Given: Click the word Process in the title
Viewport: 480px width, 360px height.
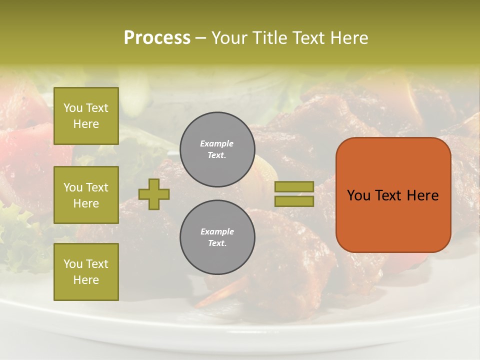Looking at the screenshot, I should click(157, 38).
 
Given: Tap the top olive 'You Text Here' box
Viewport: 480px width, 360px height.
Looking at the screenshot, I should click(86, 116).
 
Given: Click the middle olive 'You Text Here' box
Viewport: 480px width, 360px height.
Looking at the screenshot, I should click(86, 195).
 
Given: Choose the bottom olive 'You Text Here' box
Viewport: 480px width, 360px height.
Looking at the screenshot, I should click(86, 272).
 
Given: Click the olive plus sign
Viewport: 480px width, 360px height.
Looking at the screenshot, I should click(154, 194).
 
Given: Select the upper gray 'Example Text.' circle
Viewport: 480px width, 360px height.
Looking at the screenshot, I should click(217, 149).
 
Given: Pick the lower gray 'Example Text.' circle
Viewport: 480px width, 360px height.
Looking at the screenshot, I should click(217, 237).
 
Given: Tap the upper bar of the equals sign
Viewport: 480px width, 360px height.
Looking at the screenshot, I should click(294, 186).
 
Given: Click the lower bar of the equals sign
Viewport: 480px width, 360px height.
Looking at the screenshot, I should click(294, 201).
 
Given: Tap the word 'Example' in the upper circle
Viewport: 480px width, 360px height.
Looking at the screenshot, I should click(217, 143).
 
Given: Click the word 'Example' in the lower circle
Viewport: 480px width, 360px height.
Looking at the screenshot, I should click(217, 231).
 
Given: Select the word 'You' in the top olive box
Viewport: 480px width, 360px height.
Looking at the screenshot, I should click(73, 108).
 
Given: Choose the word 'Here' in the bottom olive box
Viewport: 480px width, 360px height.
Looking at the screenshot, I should click(86, 280).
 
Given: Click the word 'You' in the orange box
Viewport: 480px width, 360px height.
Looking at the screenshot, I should click(358, 195).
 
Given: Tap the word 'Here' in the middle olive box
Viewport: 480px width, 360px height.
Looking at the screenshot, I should click(86, 203).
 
